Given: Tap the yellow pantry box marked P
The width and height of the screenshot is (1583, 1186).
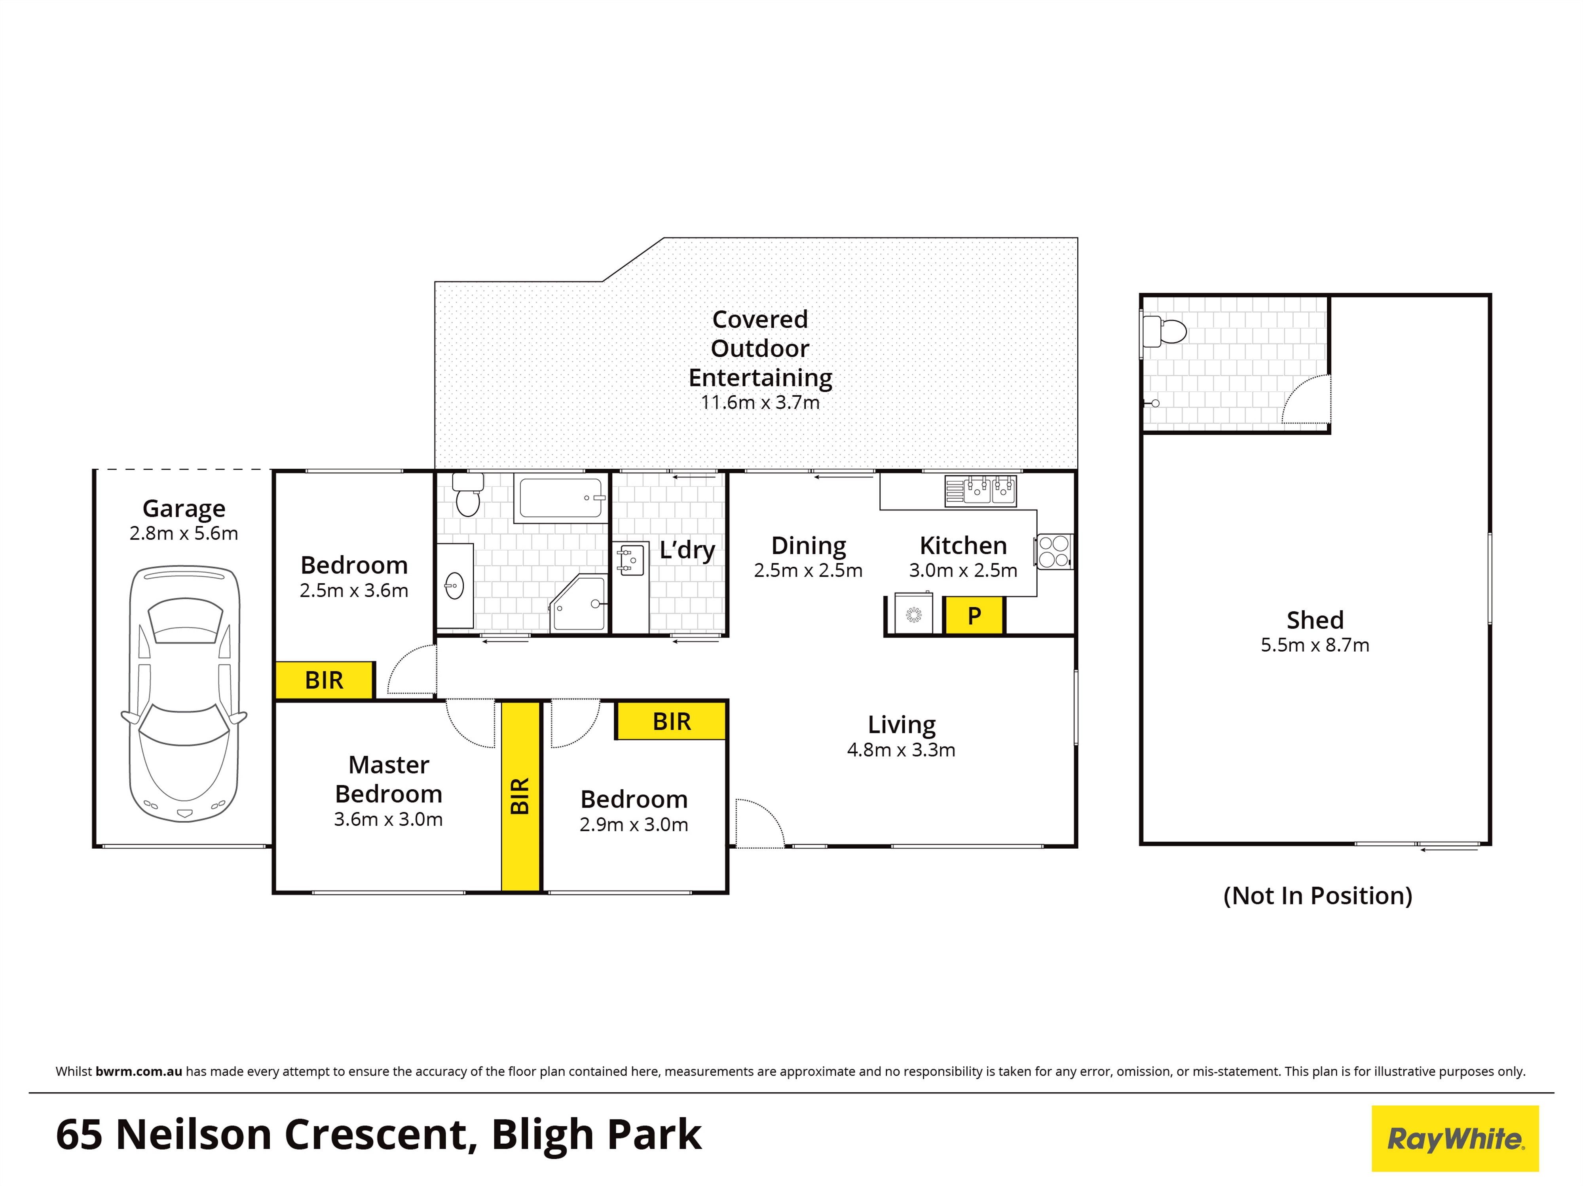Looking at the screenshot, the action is [974, 616].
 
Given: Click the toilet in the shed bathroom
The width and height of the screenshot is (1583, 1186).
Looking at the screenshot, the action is [1164, 331].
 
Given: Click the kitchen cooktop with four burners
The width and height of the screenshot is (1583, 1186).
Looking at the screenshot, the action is [1053, 552].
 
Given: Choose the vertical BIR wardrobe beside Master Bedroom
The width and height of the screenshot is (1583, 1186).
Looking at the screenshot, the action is [520, 796].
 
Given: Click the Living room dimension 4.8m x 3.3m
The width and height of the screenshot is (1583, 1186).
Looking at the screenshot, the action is [901, 750].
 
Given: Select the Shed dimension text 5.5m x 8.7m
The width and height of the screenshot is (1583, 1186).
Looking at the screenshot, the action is [1315, 645].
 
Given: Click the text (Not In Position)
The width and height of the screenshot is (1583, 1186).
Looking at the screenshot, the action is [1317, 896].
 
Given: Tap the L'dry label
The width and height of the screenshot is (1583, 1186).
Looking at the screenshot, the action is [687, 550].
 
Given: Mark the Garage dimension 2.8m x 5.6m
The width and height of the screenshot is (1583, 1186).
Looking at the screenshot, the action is [184, 533].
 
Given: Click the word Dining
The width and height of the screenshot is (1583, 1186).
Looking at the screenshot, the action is [808, 546].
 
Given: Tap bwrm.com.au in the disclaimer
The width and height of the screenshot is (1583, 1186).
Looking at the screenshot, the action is [139, 1072].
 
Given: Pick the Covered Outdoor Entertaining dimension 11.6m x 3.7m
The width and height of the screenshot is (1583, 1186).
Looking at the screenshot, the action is [760, 403].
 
